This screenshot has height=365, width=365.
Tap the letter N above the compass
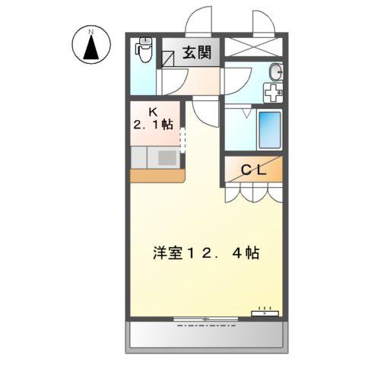tap(90, 31)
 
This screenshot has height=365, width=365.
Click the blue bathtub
tap(269, 130)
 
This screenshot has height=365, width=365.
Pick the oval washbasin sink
tap(275, 72)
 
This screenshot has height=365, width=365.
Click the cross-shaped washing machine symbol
tap(272, 93)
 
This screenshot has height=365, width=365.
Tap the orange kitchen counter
tap(157, 176)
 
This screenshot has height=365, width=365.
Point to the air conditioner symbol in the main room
tap(266, 312)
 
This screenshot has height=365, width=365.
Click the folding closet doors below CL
tap(252, 193)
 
